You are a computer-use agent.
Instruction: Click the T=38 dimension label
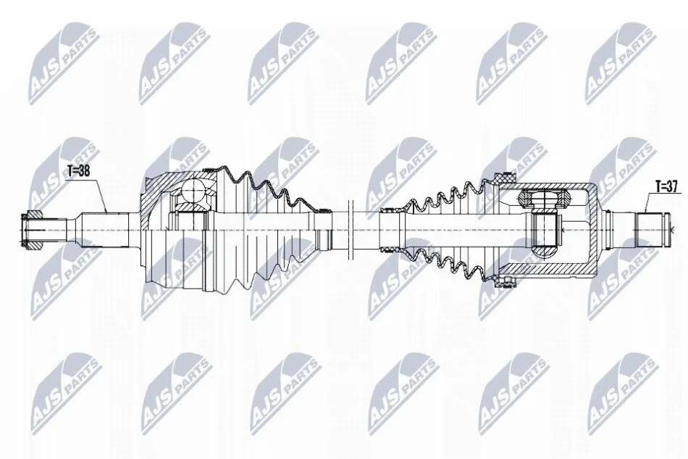[x=78, y=171]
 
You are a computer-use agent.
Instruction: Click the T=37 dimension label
[x=666, y=186]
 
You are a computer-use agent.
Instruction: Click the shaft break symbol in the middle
[x=350, y=228]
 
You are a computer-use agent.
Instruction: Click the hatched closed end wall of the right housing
[x=593, y=228]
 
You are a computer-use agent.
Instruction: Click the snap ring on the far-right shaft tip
[x=668, y=228]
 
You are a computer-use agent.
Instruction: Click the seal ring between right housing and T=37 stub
[x=607, y=228]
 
